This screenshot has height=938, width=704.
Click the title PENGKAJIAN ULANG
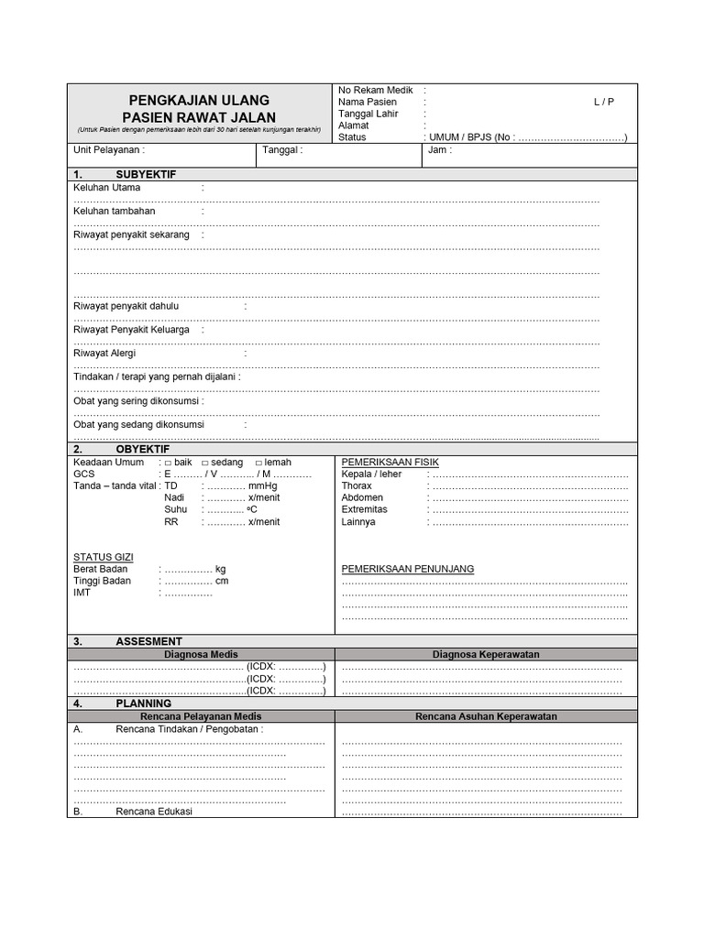coord(199,99)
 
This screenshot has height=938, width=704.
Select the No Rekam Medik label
coord(376,90)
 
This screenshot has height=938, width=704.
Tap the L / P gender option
coord(603,102)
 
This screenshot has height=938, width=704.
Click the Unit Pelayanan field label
coord(108,150)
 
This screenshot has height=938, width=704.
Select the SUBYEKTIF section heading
coord(146,174)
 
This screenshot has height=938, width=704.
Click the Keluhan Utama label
coord(107,188)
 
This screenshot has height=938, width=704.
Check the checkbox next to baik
coord(168,463)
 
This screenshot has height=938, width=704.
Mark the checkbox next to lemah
coord(258,463)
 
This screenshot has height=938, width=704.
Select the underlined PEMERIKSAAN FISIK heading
coord(390,462)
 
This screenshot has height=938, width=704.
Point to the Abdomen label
coord(362,497)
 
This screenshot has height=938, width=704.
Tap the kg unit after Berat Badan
coord(220,569)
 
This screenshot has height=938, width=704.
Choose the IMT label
coord(82,593)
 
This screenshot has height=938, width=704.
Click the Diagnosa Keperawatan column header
coord(486,654)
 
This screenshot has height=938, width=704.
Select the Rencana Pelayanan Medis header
coord(201,716)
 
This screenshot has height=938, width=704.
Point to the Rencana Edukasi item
coord(154,811)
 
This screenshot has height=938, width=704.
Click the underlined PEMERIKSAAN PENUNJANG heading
coord(408,569)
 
